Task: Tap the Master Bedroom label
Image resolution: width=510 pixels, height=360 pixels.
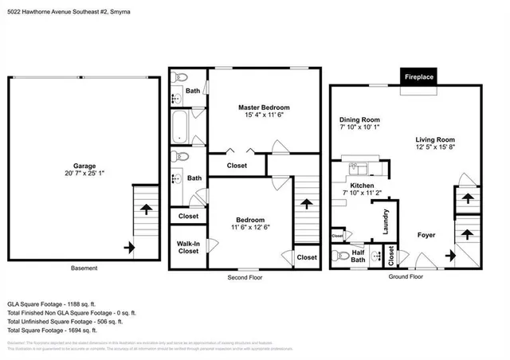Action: pyautogui.click(x=264, y=108)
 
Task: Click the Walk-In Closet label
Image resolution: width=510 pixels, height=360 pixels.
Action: pyautogui.click(x=188, y=247)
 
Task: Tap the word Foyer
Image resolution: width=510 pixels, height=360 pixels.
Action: pyautogui.click(x=426, y=235)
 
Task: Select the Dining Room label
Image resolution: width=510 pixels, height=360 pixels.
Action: pyautogui.click(x=359, y=120)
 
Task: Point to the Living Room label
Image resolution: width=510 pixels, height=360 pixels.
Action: pyautogui.click(x=434, y=139)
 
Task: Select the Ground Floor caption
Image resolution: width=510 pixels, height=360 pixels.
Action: pyautogui.click(x=406, y=278)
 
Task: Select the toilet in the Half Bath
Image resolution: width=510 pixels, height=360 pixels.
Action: pyautogui.click(x=339, y=256)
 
